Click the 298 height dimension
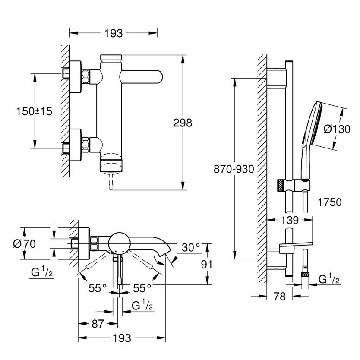coord(183,123)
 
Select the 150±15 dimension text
coord(34,111)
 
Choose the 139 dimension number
coord(289,221)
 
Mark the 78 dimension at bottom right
coord(280,297)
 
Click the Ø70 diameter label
coord(24,243)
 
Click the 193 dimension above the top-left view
coord(114,33)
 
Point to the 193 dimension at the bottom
coord(122,338)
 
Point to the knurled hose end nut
coord(305,274)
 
